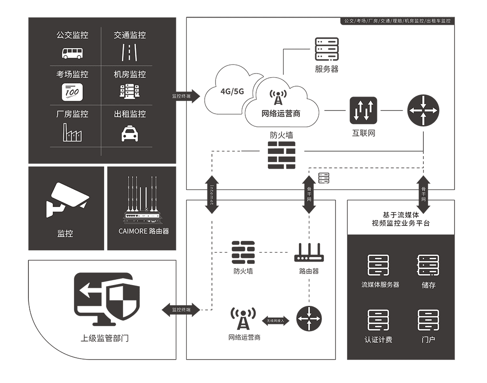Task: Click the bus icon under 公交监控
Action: pos(72,53)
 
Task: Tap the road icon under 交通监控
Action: pos(129,53)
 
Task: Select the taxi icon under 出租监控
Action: pos(130,133)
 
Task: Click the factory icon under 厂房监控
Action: pos(72,132)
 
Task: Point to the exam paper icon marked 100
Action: pos(72,92)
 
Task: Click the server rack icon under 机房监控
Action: pos(130,92)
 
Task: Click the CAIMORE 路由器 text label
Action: pos(143,231)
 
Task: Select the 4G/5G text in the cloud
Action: pos(232,91)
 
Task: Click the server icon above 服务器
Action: pos(326,49)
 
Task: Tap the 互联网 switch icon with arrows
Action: pos(363,111)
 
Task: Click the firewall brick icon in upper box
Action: pos(281,155)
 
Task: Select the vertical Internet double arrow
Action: pos(212,194)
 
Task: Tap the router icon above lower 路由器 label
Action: pos(309,253)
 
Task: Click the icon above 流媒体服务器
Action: pos(378,265)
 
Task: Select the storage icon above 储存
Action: pos(428,265)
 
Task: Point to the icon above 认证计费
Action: pos(378,320)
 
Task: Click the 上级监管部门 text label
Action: pos(105,338)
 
